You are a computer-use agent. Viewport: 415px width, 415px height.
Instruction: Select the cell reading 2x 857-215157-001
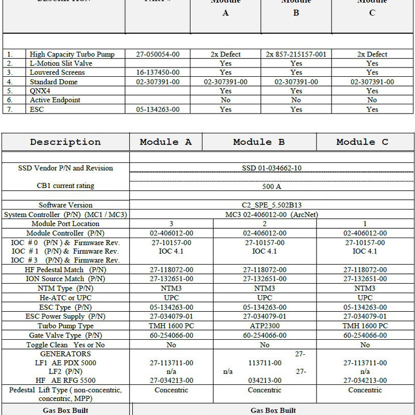(296, 54)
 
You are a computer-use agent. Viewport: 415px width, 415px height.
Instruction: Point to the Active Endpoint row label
(55, 100)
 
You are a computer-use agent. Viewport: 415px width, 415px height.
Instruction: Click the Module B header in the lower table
(259, 142)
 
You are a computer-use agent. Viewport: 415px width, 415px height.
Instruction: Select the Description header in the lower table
(65, 142)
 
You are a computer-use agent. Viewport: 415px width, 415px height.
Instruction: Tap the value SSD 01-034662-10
(271, 168)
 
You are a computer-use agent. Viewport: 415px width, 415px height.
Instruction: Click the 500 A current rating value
(271, 186)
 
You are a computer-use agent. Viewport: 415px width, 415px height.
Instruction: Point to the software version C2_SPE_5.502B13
(271, 205)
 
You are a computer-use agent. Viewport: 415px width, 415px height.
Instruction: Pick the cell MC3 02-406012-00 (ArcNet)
(271, 214)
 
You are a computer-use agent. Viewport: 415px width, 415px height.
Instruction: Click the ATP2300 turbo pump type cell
(265, 326)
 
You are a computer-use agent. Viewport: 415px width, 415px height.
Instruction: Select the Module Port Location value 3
(171, 224)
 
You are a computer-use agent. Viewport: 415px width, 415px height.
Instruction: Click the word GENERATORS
(65, 354)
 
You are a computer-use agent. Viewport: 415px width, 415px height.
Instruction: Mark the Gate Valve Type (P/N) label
(65, 335)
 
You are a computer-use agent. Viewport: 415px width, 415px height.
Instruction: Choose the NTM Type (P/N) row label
(65, 288)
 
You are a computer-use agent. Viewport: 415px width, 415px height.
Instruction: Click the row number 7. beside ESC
(10, 109)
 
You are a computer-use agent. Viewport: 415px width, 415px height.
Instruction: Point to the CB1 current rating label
(65, 186)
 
